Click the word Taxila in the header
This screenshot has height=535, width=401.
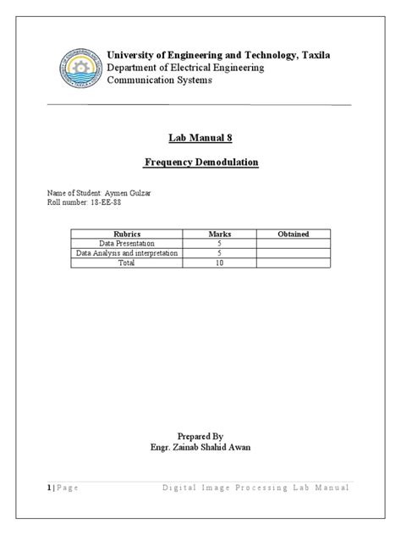(311, 55)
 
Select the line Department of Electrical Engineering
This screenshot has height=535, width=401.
(184, 68)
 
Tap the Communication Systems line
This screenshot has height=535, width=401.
(159, 80)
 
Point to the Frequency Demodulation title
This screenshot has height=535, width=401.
(200, 162)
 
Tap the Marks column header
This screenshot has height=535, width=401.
(220, 234)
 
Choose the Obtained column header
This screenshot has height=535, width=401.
(293, 234)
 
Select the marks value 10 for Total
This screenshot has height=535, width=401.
(220, 262)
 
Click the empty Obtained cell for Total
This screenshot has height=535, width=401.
(293, 262)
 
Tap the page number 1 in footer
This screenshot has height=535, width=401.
(48, 488)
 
